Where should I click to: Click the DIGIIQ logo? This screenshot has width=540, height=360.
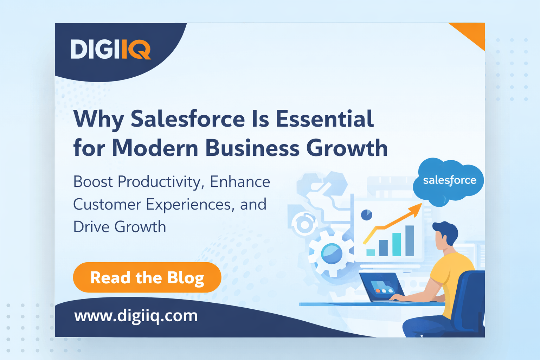click(111, 49)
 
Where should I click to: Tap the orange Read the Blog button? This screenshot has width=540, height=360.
click(147, 277)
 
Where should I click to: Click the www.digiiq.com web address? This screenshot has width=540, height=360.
click(136, 316)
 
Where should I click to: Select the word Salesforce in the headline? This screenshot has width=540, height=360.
click(188, 119)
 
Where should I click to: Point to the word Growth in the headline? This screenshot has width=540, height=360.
click(347, 148)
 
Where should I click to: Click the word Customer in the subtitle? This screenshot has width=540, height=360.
click(107, 205)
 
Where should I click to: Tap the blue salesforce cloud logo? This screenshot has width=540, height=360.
click(449, 181)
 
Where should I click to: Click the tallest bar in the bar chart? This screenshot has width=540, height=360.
click(410, 240)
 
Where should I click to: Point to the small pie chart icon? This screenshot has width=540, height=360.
click(366, 215)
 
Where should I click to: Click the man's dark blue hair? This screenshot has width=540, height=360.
click(446, 231)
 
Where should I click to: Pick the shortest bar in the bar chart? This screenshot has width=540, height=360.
click(371, 252)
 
